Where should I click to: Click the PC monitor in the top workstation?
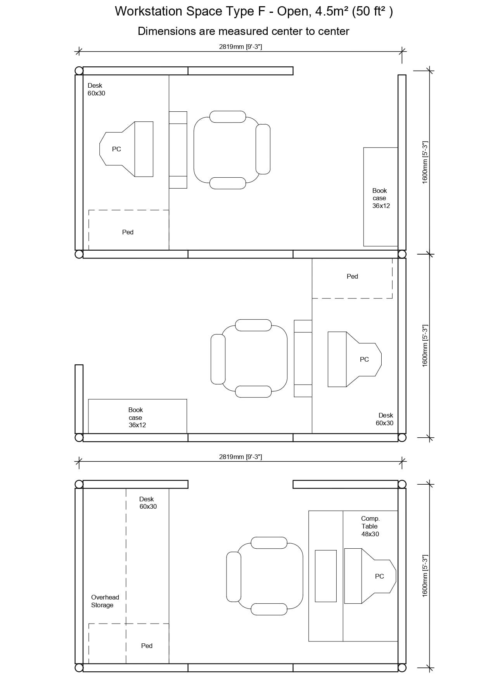pyautogui.click(x=126, y=149)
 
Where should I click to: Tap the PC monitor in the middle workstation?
pyautogui.click(x=355, y=359)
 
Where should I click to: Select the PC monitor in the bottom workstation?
pyautogui.click(x=370, y=576)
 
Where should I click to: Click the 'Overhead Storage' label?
pyautogui.click(x=105, y=601)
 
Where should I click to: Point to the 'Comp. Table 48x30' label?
pyautogui.click(x=370, y=526)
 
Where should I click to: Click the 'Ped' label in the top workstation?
pyautogui.click(x=128, y=232)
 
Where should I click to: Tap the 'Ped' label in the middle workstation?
pyautogui.click(x=352, y=276)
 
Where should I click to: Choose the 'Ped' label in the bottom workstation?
pyautogui.click(x=147, y=646)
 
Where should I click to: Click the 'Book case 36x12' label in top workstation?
pyautogui.click(x=381, y=198)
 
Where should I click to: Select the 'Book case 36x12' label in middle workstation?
pyautogui.click(x=137, y=418)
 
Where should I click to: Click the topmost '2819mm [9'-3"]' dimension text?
pyautogui.click(x=240, y=47)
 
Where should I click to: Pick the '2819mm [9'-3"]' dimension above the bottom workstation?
pyautogui.click(x=240, y=457)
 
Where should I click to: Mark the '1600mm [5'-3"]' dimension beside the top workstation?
pyautogui.click(x=425, y=162)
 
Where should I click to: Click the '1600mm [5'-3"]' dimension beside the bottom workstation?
pyautogui.click(x=425, y=576)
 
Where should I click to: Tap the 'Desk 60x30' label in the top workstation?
pyautogui.click(x=96, y=89)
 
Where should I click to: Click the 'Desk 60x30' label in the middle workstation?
pyautogui.click(x=384, y=419)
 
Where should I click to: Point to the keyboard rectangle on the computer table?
pyautogui.click(x=325, y=576)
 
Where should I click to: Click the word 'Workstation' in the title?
pyautogui.click(x=149, y=12)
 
